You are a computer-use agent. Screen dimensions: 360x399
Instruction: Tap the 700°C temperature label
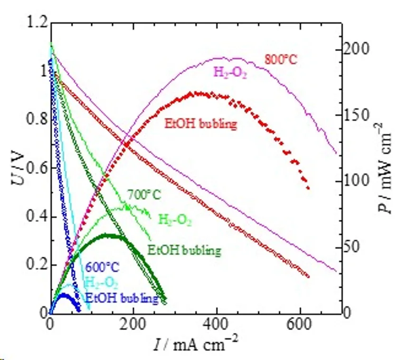144,195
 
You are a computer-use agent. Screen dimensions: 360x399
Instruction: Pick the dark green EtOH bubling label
184,250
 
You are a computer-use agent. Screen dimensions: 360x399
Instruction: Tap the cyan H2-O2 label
101,282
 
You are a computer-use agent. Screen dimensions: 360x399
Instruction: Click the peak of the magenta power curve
223,58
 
